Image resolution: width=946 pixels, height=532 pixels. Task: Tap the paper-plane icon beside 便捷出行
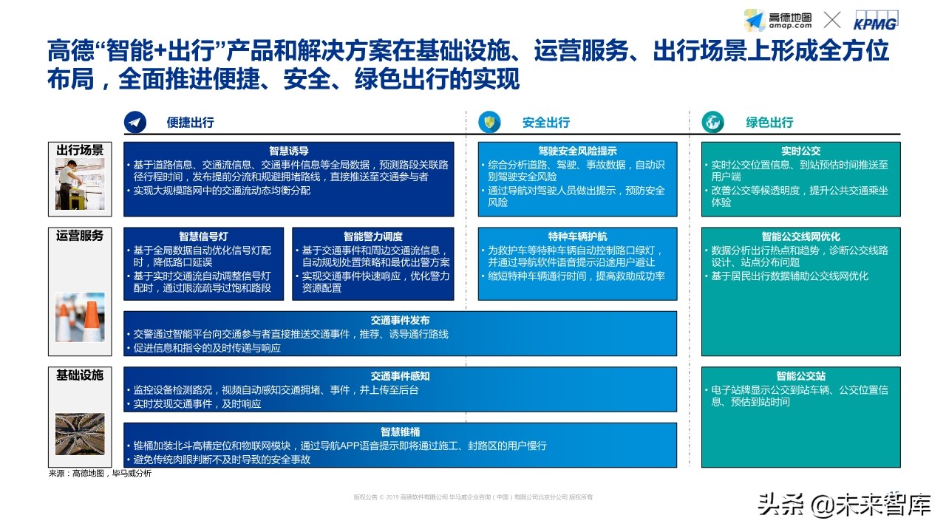point(135,122)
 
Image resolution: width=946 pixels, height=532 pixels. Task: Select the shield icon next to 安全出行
point(489,122)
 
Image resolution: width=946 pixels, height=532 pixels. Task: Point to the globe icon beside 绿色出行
point(712,122)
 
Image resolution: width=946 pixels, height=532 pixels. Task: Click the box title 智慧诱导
point(289,151)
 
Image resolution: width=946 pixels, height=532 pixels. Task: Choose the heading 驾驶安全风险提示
point(577,151)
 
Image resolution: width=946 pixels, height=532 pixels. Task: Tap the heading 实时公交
point(800,151)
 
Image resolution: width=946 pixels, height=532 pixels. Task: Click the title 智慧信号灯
point(203,236)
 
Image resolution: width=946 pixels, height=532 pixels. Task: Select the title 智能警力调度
point(373,236)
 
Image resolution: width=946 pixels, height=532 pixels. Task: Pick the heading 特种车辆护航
point(577,236)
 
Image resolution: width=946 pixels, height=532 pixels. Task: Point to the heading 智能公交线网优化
point(800,236)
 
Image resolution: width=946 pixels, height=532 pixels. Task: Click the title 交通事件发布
point(400,320)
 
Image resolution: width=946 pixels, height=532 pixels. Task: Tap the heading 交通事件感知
point(400,376)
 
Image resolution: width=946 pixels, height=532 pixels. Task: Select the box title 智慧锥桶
point(400,432)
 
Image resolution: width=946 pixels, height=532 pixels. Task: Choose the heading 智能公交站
point(800,376)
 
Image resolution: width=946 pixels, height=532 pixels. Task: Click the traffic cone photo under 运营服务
point(80,316)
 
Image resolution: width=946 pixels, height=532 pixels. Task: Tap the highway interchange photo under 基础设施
point(80,434)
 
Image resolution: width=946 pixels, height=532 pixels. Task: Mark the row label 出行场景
point(80,150)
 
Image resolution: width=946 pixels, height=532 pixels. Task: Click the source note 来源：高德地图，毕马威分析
point(99,474)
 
